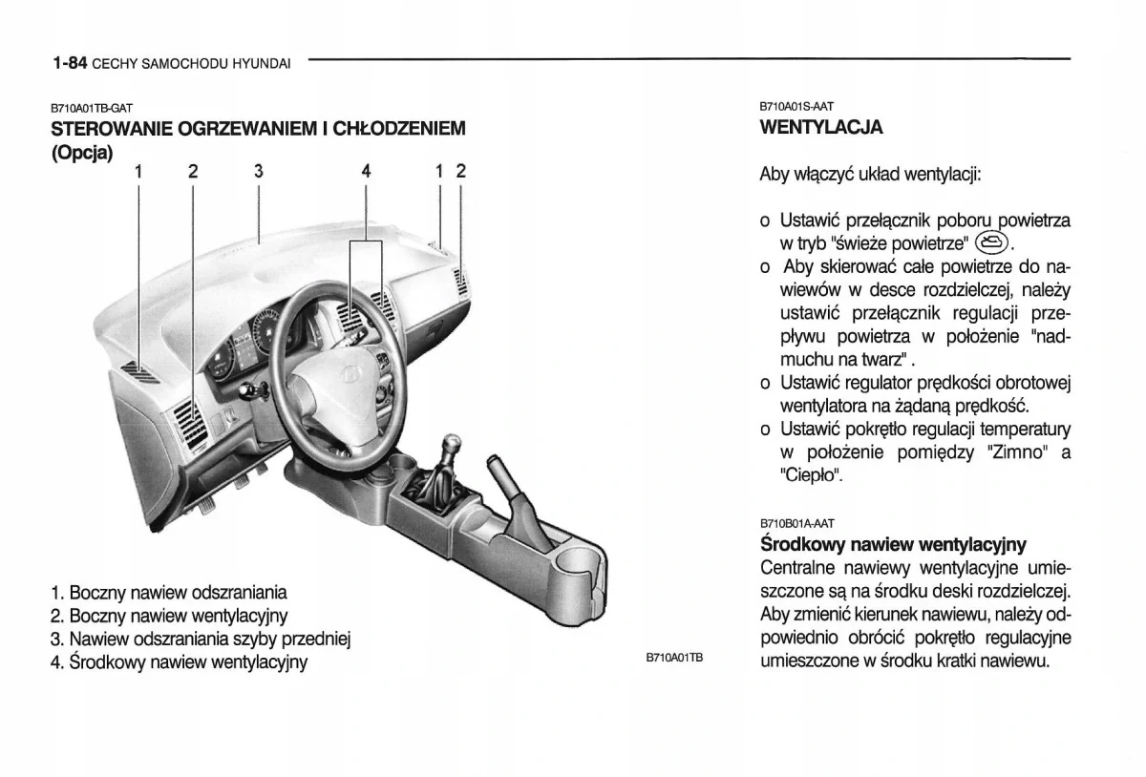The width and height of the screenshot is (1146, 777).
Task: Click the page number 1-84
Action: coord(71,63)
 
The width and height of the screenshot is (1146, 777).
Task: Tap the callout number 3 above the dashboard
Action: coord(259,172)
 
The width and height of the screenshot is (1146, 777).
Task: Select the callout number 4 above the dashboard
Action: coord(366,172)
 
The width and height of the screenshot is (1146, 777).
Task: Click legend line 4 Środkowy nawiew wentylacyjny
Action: coord(180,661)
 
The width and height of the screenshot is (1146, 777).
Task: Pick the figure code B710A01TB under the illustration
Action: coord(673,658)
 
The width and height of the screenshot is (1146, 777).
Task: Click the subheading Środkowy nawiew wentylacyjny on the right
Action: coord(892,545)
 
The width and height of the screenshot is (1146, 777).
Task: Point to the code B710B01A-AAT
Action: coord(796,523)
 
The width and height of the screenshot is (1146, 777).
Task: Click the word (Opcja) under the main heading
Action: coord(82,152)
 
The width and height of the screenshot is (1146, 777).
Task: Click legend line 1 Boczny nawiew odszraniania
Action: coord(169,593)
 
